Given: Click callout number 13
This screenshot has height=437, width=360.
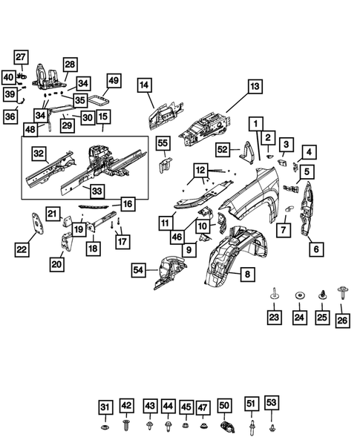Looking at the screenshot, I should pos(255,87).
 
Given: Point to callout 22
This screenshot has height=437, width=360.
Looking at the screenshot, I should pos(22,249).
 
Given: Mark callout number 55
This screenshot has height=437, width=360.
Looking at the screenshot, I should pos(163,142).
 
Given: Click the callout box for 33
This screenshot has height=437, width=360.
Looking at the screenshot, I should pos(97,191).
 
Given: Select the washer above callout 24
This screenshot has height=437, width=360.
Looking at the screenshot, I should pos(299,295).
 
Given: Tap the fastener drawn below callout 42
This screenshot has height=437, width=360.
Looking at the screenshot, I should pos(127,427).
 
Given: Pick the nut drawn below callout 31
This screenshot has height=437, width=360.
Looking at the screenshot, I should pos(105,428).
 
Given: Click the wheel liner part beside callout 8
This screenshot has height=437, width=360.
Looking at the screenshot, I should pos(230,260).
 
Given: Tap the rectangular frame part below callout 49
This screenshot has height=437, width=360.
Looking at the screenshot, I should pos(99,98).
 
